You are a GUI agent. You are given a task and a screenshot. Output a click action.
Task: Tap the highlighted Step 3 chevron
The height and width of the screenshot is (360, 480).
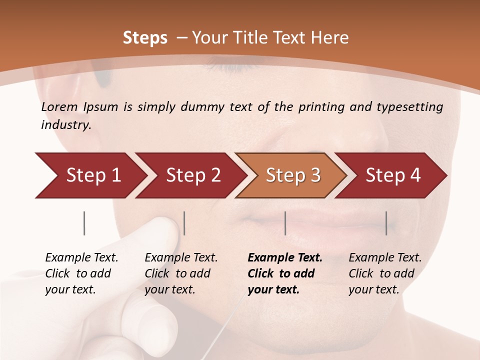(292, 175)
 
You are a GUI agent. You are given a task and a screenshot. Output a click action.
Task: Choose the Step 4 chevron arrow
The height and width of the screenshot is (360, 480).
(392, 175)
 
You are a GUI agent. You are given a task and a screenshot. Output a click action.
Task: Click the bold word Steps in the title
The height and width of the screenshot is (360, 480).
(145, 38)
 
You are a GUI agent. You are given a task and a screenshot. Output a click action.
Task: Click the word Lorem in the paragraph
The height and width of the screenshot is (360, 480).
(59, 106)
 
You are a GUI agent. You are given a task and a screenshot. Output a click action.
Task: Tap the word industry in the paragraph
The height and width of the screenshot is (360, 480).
(66, 125)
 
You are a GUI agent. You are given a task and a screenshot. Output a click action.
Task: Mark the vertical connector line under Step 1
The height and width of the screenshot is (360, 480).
(84, 223)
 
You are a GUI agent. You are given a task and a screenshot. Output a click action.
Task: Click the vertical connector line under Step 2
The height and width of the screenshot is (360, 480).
(184, 223)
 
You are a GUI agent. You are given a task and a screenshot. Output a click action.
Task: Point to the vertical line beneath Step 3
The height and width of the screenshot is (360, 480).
(285, 223)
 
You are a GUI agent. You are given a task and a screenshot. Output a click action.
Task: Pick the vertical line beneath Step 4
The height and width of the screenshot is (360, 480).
(386, 223)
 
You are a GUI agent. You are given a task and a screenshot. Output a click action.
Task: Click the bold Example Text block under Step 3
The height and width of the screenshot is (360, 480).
(284, 273)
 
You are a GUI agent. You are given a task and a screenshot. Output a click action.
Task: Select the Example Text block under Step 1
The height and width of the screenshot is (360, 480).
(81, 273)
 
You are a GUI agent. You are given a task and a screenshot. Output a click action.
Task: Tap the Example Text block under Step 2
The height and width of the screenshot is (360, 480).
(181, 273)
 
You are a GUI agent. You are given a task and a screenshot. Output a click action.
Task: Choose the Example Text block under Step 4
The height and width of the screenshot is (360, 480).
(385, 273)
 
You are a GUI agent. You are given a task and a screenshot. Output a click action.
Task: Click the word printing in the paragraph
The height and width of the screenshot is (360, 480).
(320, 106)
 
